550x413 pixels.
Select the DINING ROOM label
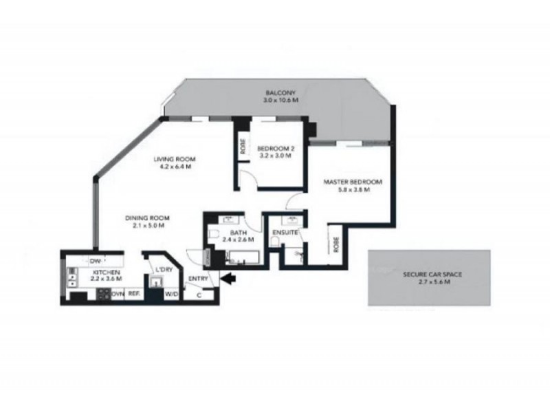tap(147, 218)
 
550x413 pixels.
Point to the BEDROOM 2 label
tap(274, 149)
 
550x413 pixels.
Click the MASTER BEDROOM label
tap(353, 182)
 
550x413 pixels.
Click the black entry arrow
tap(229, 278)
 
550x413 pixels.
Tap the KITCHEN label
tap(107, 273)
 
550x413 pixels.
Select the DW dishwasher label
tap(95, 260)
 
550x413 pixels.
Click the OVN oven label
tap(118, 294)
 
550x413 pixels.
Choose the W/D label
tap(171, 294)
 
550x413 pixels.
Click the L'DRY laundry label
tap(164, 269)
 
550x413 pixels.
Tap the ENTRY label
tap(197, 278)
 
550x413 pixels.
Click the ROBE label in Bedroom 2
tap(243, 147)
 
